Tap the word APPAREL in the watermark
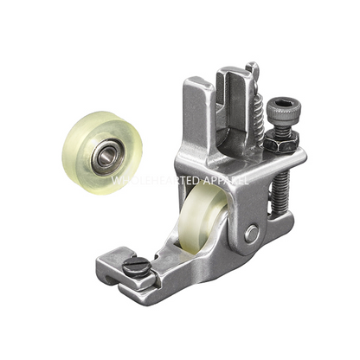(x=223, y=181)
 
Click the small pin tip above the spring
(x=250, y=67)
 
